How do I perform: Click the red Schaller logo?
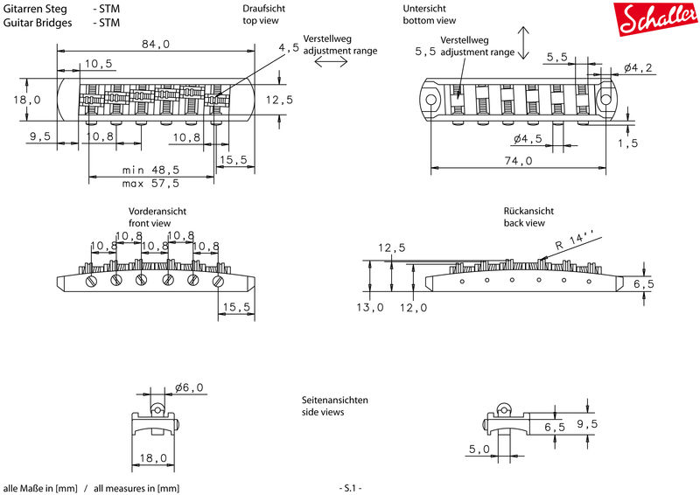click(x=656, y=18)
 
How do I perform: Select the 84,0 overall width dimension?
click(x=156, y=44)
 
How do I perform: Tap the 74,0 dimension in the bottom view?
click(x=518, y=160)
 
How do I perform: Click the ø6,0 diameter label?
click(x=189, y=387)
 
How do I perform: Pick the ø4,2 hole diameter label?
click(x=638, y=68)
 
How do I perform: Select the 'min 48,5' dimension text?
click(x=150, y=170)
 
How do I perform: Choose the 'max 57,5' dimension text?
click(x=150, y=183)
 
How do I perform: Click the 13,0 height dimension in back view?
click(x=369, y=307)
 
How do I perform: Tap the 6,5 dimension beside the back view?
click(x=644, y=284)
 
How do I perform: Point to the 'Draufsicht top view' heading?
click(x=263, y=14)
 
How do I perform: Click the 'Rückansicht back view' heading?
click(x=528, y=217)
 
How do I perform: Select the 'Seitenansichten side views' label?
click(x=335, y=406)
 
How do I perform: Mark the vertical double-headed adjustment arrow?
click(x=523, y=43)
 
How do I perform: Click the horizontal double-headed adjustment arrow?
click(x=331, y=62)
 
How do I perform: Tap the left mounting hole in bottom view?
click(x=430, y=99)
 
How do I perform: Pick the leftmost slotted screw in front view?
click(x=91, y=281)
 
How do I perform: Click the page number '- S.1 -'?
click(x=351, y=488)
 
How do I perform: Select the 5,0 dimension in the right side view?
click(x=479, y=449)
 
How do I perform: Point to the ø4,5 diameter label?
click(x=528, y=139)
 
